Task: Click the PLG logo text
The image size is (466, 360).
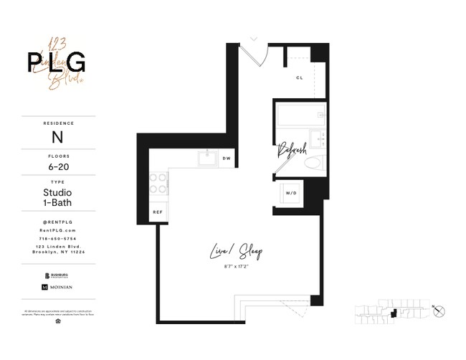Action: coord(57,63)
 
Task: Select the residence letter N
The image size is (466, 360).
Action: coord(57,136)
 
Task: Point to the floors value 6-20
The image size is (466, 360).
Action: coord(57,167)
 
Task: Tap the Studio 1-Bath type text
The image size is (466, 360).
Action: coord(57,199)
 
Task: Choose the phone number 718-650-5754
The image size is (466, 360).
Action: coord(57,238)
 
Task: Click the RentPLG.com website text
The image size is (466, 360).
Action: coord(57,230)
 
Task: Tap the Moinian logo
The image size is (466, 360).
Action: coord(57,287)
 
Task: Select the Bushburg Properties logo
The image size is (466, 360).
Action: coord(57,273)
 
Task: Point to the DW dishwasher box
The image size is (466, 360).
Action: coord(226,158)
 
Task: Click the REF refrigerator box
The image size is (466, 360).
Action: coord(158,213)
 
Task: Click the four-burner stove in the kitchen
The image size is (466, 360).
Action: coord(157,184)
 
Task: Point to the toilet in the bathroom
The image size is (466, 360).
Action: coord(313,162)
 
